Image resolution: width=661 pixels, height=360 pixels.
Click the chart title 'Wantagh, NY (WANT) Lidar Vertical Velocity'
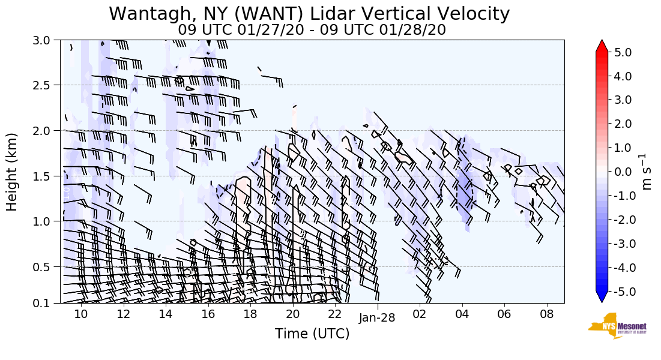309,13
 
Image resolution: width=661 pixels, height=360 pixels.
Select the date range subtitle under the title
312,29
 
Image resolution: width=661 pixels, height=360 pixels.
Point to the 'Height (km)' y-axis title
13,172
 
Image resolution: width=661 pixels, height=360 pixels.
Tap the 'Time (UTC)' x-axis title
312,334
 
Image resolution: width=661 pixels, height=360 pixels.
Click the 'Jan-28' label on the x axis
377,317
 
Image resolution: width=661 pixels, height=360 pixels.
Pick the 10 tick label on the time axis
80,314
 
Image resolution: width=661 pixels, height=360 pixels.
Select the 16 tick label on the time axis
208,314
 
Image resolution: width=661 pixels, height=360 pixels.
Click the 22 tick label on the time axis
335,314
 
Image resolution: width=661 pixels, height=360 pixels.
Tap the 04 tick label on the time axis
462,314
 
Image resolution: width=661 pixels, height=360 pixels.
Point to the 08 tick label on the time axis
546,314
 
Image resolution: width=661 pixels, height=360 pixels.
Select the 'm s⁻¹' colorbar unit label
647,172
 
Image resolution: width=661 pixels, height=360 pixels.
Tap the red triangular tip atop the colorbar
602,46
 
